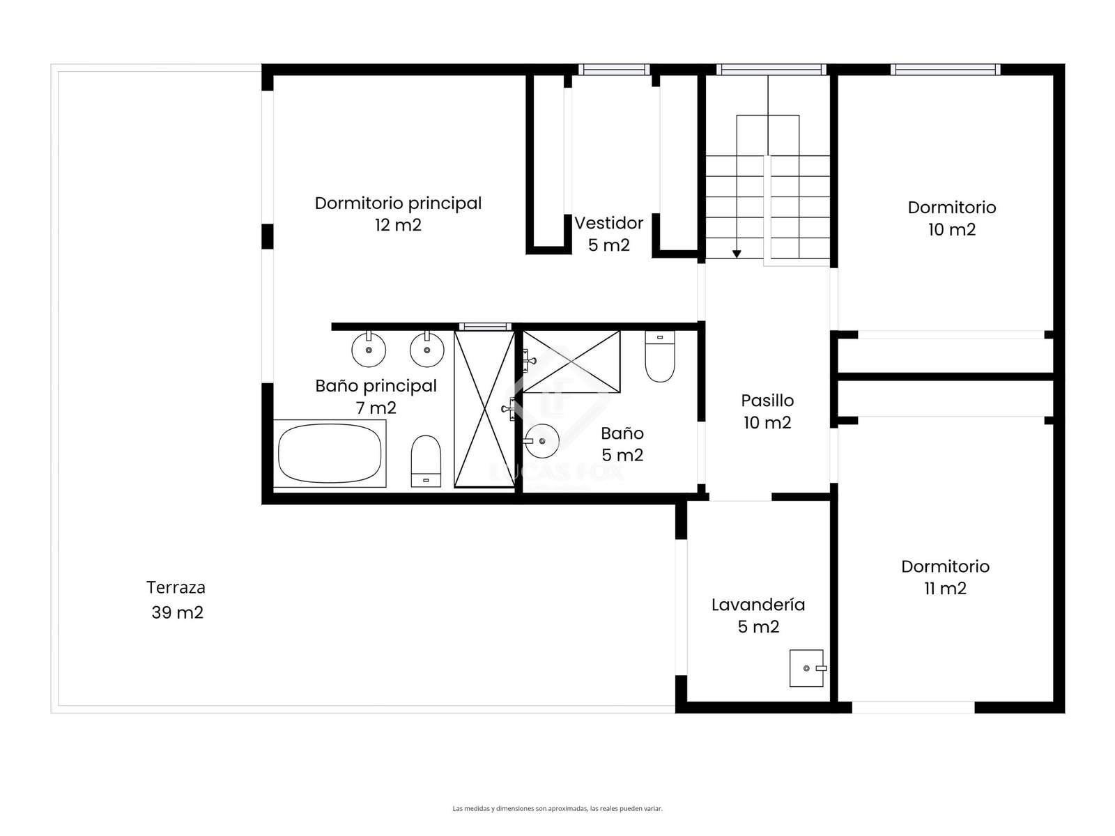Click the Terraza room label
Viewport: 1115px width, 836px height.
(x=176, y=599)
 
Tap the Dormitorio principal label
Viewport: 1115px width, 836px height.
(x=398, y=214)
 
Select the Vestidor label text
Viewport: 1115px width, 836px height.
(x=608, y=233)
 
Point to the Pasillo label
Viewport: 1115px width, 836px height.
(x=767, y=411)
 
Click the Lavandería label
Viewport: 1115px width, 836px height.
(x=758, y=615)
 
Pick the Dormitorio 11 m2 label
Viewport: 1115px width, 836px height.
(x=945, y=577)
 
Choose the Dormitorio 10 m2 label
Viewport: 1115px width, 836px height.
(x=951, y=218)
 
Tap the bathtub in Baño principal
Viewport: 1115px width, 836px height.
(x=330, y=454)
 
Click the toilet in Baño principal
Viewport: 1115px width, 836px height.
(x=426, y=461)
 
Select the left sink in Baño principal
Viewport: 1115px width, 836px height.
(x=369, y=349)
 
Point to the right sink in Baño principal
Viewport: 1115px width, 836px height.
(x=426, y=349)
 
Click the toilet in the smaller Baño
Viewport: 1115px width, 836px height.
(x=660, y=356)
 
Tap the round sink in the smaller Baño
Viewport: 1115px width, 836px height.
(x=541, y=441)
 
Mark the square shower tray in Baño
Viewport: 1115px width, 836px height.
(x=571, y=362)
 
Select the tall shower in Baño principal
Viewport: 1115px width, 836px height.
(x=484, y=409)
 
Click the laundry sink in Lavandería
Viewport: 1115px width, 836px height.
(x=807, y=668)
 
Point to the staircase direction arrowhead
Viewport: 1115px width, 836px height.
(x=737, y=254)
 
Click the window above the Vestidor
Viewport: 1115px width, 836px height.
(x=614, y=70)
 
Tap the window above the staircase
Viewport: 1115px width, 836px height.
(x=771, y=70)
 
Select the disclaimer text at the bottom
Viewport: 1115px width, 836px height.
(x=557, y=809)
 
